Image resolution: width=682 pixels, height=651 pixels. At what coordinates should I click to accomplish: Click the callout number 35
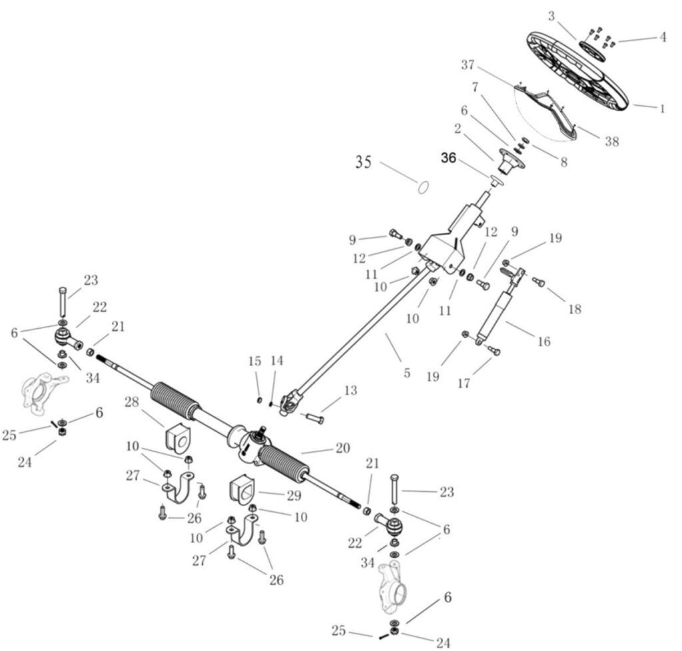pyautogui.click(x=363, y=162)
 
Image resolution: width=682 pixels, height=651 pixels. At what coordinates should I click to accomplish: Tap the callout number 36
pyautogui.click(x=448, y=158)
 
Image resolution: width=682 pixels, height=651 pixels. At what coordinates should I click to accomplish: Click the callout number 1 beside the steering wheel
pyautogui.click(x=661, y=108)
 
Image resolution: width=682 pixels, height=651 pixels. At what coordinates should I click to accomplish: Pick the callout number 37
pyautogui.click(x=468, y=65)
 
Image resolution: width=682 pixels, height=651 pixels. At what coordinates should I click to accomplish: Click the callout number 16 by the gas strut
pyautogui.click(x=543, y=341)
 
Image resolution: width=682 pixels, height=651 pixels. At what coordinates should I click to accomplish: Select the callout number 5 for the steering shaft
pyautogui.click(x=407, y=373)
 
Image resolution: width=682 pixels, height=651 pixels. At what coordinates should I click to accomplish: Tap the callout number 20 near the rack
pyautogui.click(x=342, y=449)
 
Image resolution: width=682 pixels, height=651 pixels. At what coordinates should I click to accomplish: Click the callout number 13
pyautogui.click(x=350, y=391)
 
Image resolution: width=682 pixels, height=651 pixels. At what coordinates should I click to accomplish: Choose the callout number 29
pyautogui.click(x=293, y=495)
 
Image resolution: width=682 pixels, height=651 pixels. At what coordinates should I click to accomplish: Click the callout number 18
pyautogui.click(x=573, y=309)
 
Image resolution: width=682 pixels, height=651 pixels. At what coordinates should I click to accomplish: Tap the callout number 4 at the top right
pyautogui.click(x=662, y=37)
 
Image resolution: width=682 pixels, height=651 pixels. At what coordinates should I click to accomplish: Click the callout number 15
pyautogui.click(x=255, y=361)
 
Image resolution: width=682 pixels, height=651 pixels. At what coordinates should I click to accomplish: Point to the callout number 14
pyautogui.click(x=277, y=361)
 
